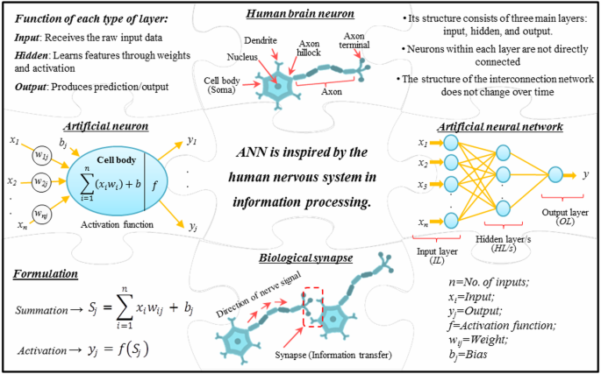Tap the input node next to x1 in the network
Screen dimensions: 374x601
tap(451, 143)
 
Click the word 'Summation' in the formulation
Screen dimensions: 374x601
tap(45, 311)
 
